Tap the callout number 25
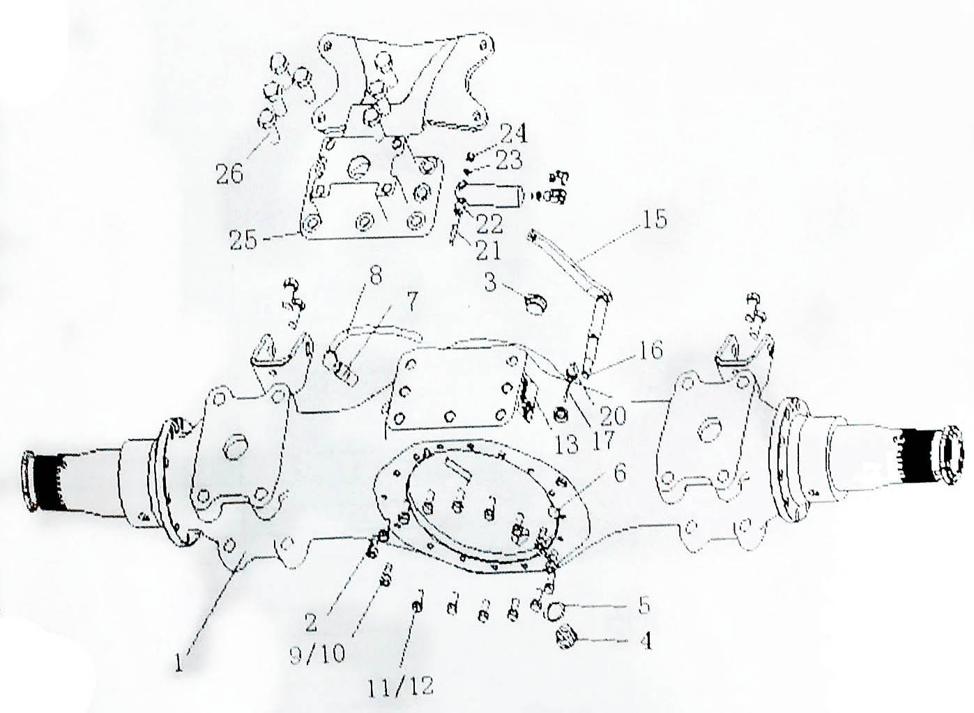pyautogui.click(x=244, y=241)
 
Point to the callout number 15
pyautogui.click(x=653, y=220)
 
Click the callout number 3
pyautogui.click(x=490, y=282)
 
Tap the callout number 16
pyautogui.click(x=649, y=350)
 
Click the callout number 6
pyautogui.click(x=619, y=472)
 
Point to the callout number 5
pyautogui.click(x=643, y=606)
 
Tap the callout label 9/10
pyautogui.click(x=318, y=651)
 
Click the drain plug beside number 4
pyautogui.click(x=565, y=640)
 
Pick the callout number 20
pyautogui.click(x=612, y=416)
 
